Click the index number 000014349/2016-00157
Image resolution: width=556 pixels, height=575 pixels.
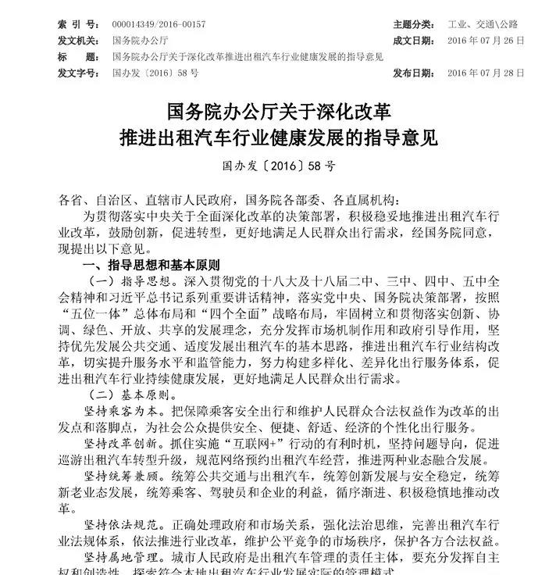pyautogui.click(x=159, y=24)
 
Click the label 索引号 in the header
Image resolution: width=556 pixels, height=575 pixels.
pyautogui.click(x=78, y=24)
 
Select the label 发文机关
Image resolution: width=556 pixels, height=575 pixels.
pyautogui.click(x=78, y=40)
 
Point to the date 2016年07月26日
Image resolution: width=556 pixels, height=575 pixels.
pyautogui.click(x=486, y=40)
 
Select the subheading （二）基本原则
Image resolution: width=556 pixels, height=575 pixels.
pyautogui.click(x=124, y=395)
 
